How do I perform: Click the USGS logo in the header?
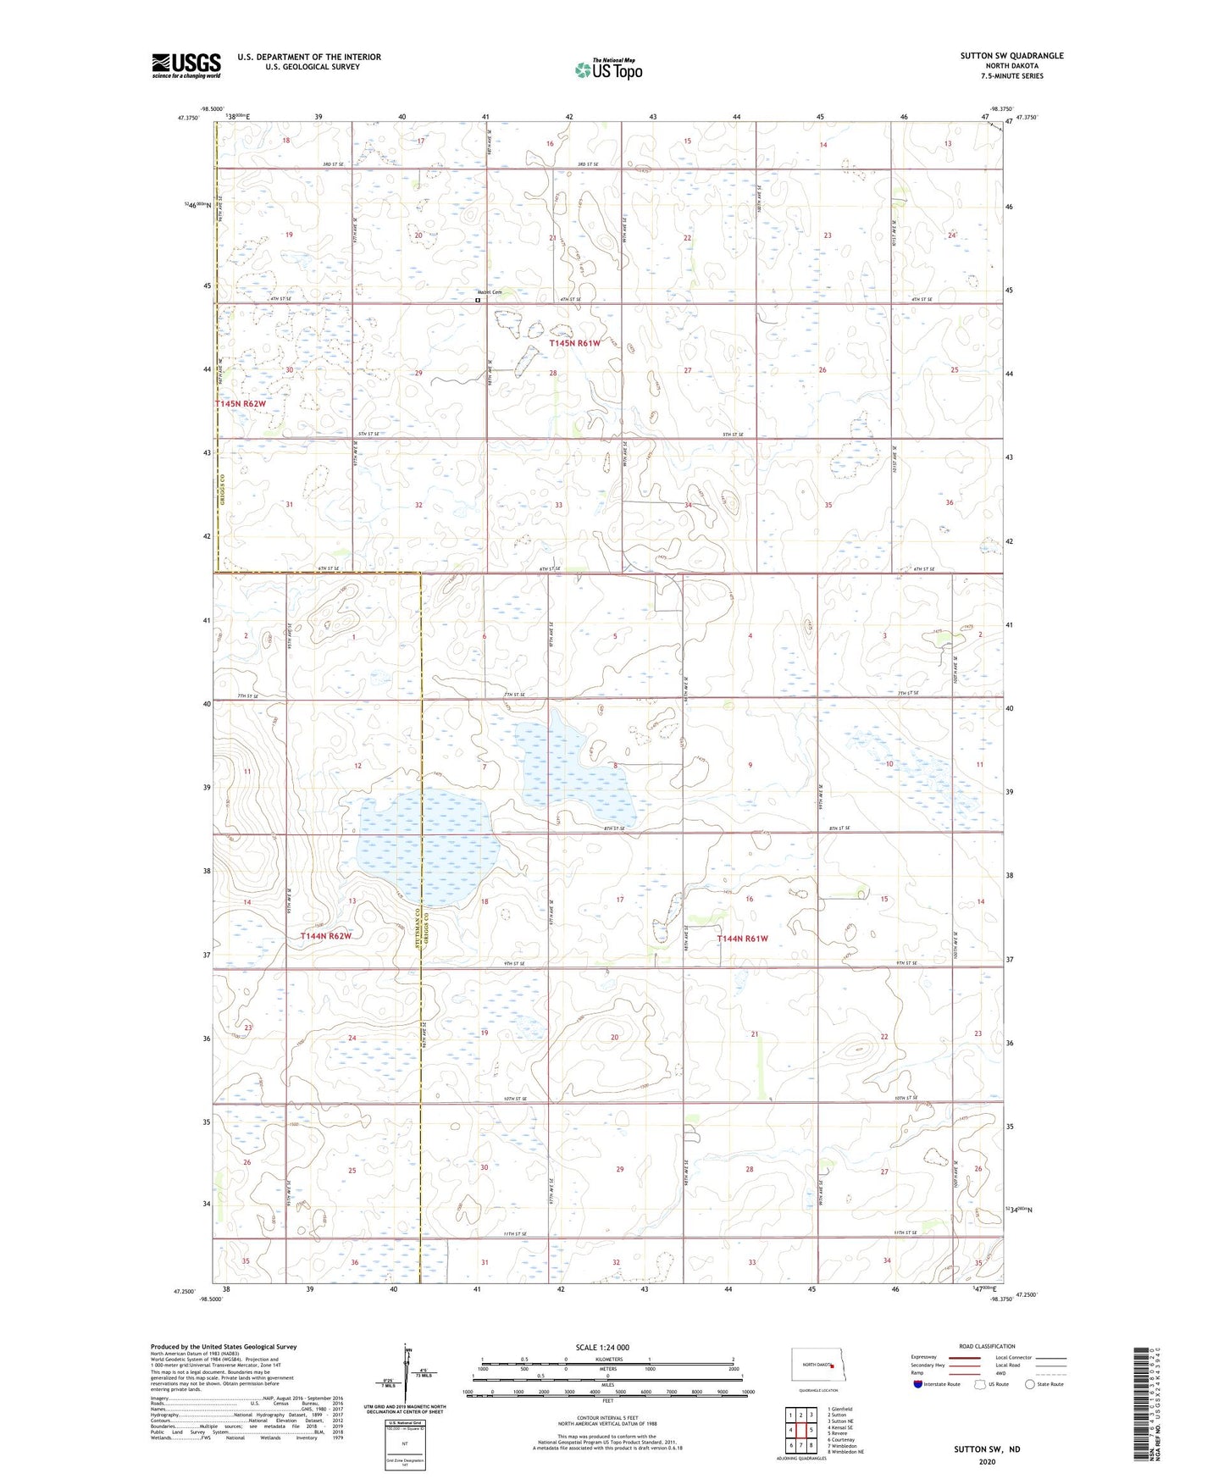[186, 65]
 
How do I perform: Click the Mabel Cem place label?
[490, 293]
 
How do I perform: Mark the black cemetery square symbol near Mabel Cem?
[478, 300]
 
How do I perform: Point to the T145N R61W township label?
[574, 344]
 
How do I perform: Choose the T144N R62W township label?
[325, 936]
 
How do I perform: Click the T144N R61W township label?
[742, 939]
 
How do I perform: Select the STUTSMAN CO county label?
[416, 940]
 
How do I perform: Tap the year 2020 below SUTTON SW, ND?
[987, 1461]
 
